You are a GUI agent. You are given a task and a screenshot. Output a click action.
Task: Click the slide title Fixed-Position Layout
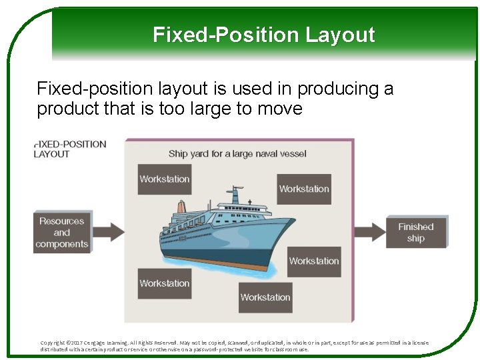[263, 35]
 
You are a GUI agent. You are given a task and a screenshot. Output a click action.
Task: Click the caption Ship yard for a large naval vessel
[237, 154]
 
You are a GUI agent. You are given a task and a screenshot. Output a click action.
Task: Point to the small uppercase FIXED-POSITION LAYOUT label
[70, 149]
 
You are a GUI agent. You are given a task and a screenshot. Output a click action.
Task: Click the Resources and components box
[62, 233]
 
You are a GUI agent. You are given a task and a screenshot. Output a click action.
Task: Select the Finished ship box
[415, 232]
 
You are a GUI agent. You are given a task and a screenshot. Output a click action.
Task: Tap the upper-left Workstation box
[164, 179]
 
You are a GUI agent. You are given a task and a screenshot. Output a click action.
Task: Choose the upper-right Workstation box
[304, 189]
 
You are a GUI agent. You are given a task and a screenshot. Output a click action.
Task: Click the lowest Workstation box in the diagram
[265, 297]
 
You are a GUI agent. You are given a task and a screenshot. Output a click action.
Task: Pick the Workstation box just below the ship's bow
[313, 261]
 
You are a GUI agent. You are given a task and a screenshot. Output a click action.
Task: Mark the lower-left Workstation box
[164, 283]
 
